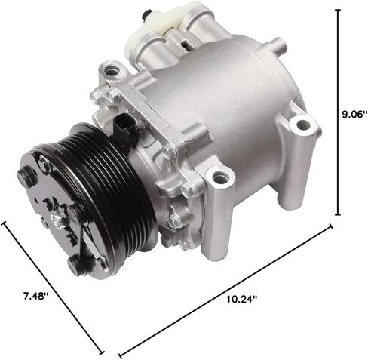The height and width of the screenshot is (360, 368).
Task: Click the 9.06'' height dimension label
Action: click(351, 114)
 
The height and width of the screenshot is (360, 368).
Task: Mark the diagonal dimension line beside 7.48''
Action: click(53, 287)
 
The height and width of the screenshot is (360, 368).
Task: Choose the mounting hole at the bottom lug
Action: click(220, 180)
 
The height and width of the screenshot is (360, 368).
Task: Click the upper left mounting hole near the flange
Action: click(114, 72)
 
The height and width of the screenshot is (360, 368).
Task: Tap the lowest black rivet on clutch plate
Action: click(75, 266)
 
